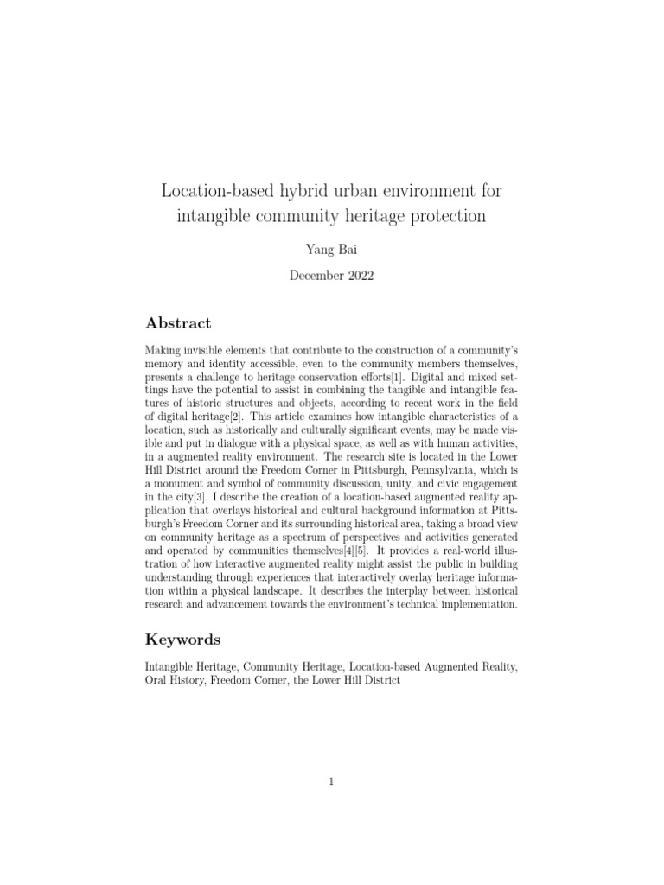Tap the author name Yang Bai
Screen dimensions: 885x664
331,251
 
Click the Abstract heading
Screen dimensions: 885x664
178,323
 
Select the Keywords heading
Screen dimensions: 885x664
182,640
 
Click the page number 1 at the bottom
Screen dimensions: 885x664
331,782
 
